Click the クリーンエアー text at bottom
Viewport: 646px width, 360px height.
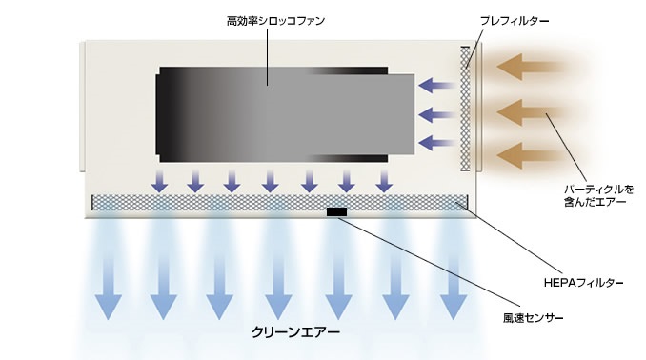click(295, 333)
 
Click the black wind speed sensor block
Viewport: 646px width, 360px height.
click(337, 211)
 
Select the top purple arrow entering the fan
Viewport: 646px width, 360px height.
click(437, 85)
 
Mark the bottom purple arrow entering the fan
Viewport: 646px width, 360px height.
click(437, 145)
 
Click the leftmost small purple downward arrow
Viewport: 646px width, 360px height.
click(160, 179)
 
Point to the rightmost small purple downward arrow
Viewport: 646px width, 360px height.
click(383, 179)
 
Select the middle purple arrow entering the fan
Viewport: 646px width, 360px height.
click(437, 114)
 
